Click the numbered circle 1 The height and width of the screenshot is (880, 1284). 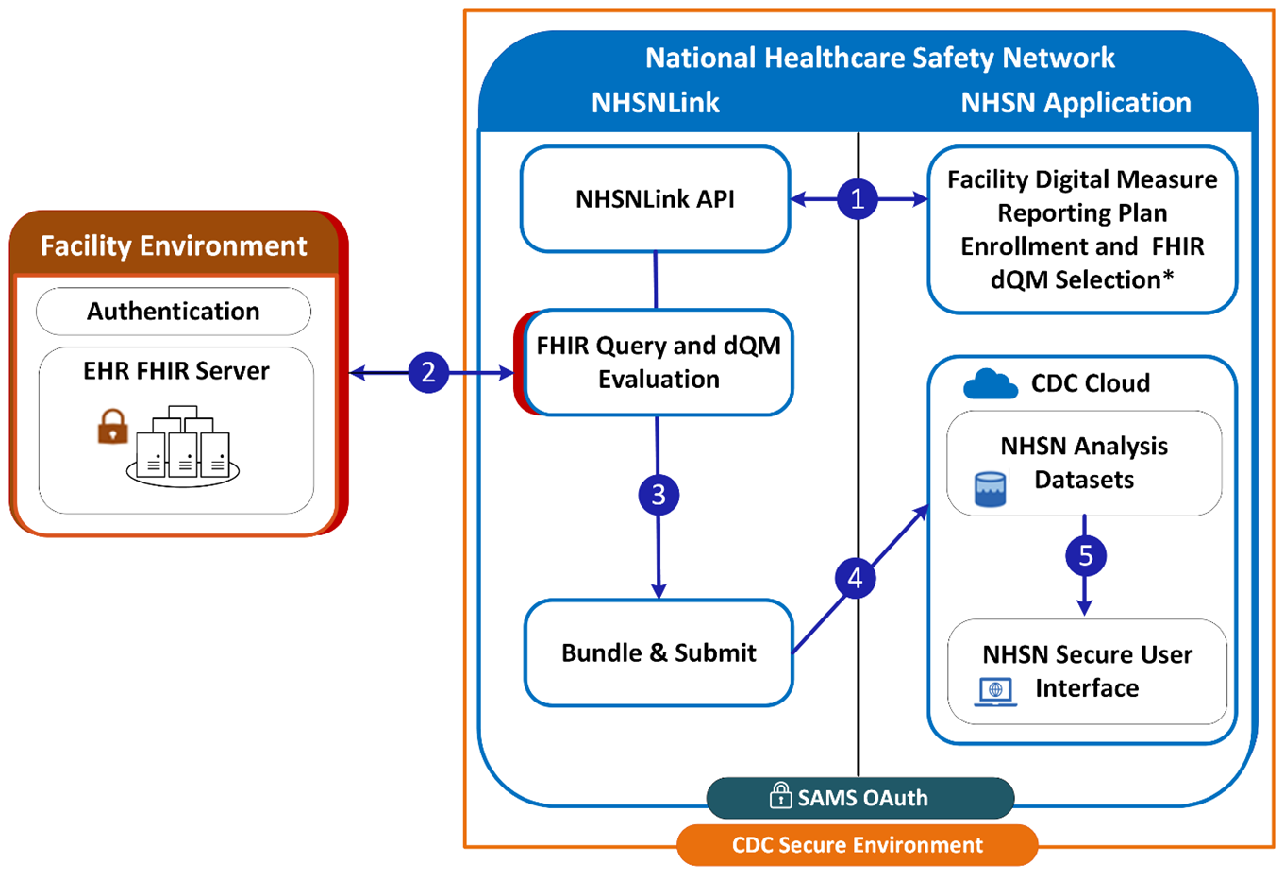tap(857, 199)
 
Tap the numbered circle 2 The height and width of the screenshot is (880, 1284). tap(428, 372)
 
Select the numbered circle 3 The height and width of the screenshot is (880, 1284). tap(659, 495)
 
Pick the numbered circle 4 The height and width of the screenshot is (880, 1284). tap(855, 578)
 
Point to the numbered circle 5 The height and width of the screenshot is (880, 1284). tap(1085, 556)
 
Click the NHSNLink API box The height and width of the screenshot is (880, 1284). tap(655, 199)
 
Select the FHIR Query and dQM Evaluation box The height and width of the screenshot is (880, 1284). tap(658, 363)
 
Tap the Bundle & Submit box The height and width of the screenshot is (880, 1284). tap(658, 652)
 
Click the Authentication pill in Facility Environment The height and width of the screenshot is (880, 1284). tap(174, 312)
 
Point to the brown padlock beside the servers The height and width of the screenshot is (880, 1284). tap(112, 427)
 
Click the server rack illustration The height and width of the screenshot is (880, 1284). tap(183, 447)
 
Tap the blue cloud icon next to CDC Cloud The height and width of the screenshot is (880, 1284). tap(990, 384)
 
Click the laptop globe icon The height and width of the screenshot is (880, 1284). tap(995, 691)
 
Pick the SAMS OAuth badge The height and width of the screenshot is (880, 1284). tap(859, 798)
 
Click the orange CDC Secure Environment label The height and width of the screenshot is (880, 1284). tap(857, 845)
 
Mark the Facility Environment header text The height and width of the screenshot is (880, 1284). tap(174, 246)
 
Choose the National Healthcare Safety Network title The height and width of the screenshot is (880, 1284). tap(879, 59)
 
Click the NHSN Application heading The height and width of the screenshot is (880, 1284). tap(1076, 103)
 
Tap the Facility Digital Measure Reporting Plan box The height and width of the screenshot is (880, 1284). tap(1082, 229)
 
